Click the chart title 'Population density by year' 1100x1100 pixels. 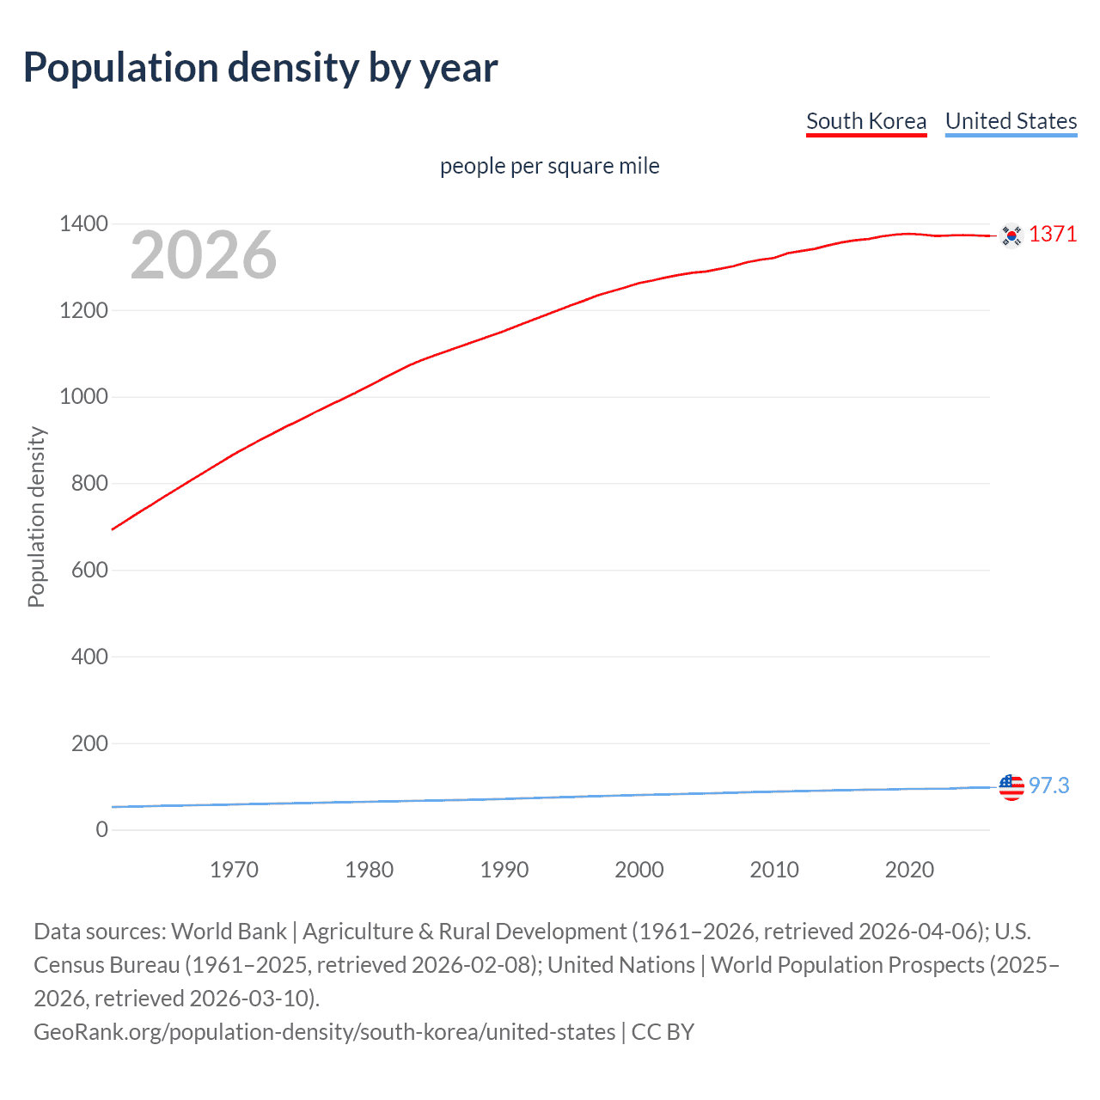(260, 68)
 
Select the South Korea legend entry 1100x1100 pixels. (866, 121)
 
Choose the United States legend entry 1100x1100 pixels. (1011, 121)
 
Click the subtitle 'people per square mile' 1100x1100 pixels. (549, 166)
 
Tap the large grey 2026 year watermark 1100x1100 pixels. (203, 255)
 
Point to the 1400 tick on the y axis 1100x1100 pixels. (83, 224)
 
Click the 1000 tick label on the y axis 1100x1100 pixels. (83, 397)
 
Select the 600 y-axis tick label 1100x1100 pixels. (89, 570)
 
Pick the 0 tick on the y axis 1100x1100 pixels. (102, 829)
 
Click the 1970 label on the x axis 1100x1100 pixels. (234, 870)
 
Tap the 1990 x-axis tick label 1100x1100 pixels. (504, 870)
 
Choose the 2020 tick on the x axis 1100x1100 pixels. (909, 870)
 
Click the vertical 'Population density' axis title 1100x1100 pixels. (36, 517)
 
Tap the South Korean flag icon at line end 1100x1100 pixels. (1011, 235)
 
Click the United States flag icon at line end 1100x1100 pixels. (1011, 786)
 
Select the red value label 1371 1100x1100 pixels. (1053, 234)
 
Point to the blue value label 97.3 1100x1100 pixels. (1049, 785)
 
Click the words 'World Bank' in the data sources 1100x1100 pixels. (229, 932)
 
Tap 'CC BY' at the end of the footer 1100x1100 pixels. (663, 1032)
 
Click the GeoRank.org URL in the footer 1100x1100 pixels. (324, 1032)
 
